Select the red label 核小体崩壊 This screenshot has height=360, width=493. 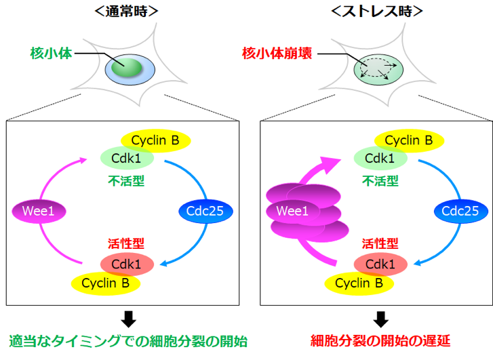(x=277, y=52)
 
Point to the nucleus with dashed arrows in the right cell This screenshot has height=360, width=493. (x=378, y=68)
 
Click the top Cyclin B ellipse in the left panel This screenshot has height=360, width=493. (x=155, y=140)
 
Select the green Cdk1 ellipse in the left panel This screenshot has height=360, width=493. (x=127, y=158)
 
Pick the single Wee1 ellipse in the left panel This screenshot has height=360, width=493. (x=38, y=212)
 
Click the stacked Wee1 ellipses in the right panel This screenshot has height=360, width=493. (x=304, y=212)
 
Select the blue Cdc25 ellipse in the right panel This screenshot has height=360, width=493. (x=460, y=212)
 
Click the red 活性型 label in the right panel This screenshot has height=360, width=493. (x=380, y=243)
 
